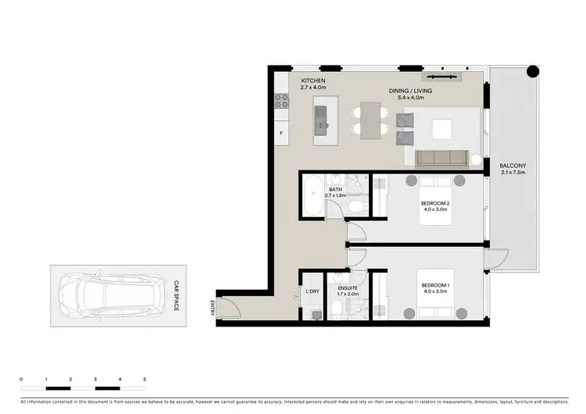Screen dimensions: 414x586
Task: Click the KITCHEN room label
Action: point(313,81)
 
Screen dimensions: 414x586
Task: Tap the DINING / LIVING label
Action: point(410,91)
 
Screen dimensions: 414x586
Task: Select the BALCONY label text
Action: point(514,166)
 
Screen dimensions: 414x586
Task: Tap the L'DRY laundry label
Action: point(312,291)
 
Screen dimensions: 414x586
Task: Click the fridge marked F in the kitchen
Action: point(280,134)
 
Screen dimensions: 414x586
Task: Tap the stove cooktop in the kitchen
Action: point(280,101)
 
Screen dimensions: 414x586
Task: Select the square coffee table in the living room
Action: point(443,128)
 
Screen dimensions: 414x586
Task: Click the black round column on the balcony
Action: point(532,72)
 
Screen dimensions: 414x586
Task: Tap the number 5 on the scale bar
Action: point(145,379)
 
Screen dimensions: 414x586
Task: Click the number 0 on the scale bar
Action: point(21,379)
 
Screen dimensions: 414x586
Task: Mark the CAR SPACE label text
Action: point(177,296)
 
